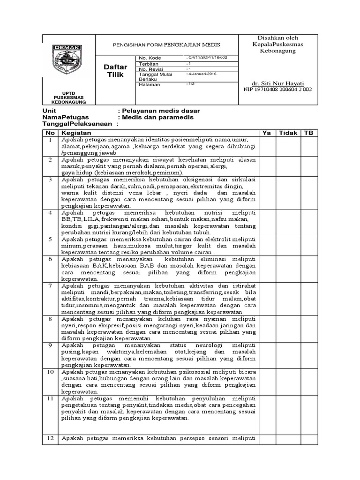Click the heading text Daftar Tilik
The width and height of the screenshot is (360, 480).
click(115, 71)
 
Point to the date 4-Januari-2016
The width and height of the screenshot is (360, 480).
click(202, 74)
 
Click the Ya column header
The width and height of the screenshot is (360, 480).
click(267, 133)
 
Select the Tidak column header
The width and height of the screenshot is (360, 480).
click(288, 133)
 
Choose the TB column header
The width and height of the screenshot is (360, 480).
click(308, 133)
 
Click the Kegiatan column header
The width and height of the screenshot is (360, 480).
click(75, 133)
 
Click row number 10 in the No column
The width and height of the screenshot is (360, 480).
click(50, 372)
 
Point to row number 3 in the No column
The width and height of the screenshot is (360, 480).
click(50, 180)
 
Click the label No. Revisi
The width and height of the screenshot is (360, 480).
click(150, 68)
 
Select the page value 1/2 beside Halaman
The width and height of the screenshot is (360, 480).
click(191, 84)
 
